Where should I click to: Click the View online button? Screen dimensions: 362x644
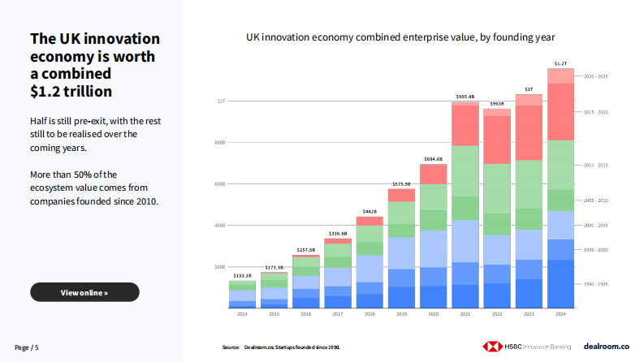pyautogui.click(x=84, y=292)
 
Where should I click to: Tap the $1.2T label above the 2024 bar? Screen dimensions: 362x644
pyautogui.click(x=560, y=63)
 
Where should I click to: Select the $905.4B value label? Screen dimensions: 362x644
pyautogui.click(x=465, y=96)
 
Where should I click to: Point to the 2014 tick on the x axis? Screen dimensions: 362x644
pyautogui.click(x=242, y=313)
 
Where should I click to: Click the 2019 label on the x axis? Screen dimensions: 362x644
pyautogui.click(x=401, y=313)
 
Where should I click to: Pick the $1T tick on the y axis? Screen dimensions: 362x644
pyautogui.click(x=221, y=101)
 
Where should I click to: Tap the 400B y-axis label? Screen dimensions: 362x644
pyautogui.click(x=220, y=225)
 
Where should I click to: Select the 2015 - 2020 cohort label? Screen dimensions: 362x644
pyautogui.click(x=597, y=112)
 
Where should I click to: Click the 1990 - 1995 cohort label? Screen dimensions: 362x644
pyautogui.click(x=597, y=284)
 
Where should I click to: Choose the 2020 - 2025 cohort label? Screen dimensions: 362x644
pyautogui.click(x=597, y=76)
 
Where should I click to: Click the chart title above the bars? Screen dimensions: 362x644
pyautogui.click(x=400, y=37)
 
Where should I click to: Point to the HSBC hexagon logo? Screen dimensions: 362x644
pyautogui.click(x=490, y=347)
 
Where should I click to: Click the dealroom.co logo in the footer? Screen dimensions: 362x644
pyautogui.click(x=607, y=347)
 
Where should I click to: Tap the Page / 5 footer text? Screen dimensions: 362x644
pyautogui.click(x=27, y=347)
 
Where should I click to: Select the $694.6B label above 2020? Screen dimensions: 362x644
pyautogui.click(x=433, y=159)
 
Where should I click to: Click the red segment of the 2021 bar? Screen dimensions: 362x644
pyautogui.click(x=465, y=125)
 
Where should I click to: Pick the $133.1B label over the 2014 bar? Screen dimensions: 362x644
pyautogui.click(x=242, y=276)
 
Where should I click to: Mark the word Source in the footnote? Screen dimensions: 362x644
pyautogui.click(x=231, y=347)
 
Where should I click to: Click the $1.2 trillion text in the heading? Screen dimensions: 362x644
pyautogui.click(x=71, y=91)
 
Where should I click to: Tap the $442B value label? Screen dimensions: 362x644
pyautogui.click(x=370, y=212)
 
